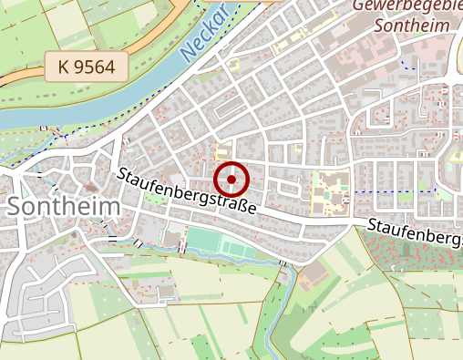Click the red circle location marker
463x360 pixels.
pyautogui.click(x=231, y=179)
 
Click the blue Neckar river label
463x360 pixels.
pyautogui.click(x=202, y=36)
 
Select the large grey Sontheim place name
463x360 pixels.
pyautogui.click(x=63, y=207)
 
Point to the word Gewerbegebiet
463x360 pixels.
pyautogui.click(x=406, y=5)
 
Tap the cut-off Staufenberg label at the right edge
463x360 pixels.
pyautogui.click(x=415, y=231)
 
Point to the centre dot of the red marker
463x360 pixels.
pyautogui.click(x=231, y=179)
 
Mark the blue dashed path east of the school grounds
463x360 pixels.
pyautogui.click(x=392, y=191)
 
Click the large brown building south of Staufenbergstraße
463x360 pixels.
pyautogui.click(x=315, y=273)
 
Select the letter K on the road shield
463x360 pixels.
pyautogui.click(x=63, y=67)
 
